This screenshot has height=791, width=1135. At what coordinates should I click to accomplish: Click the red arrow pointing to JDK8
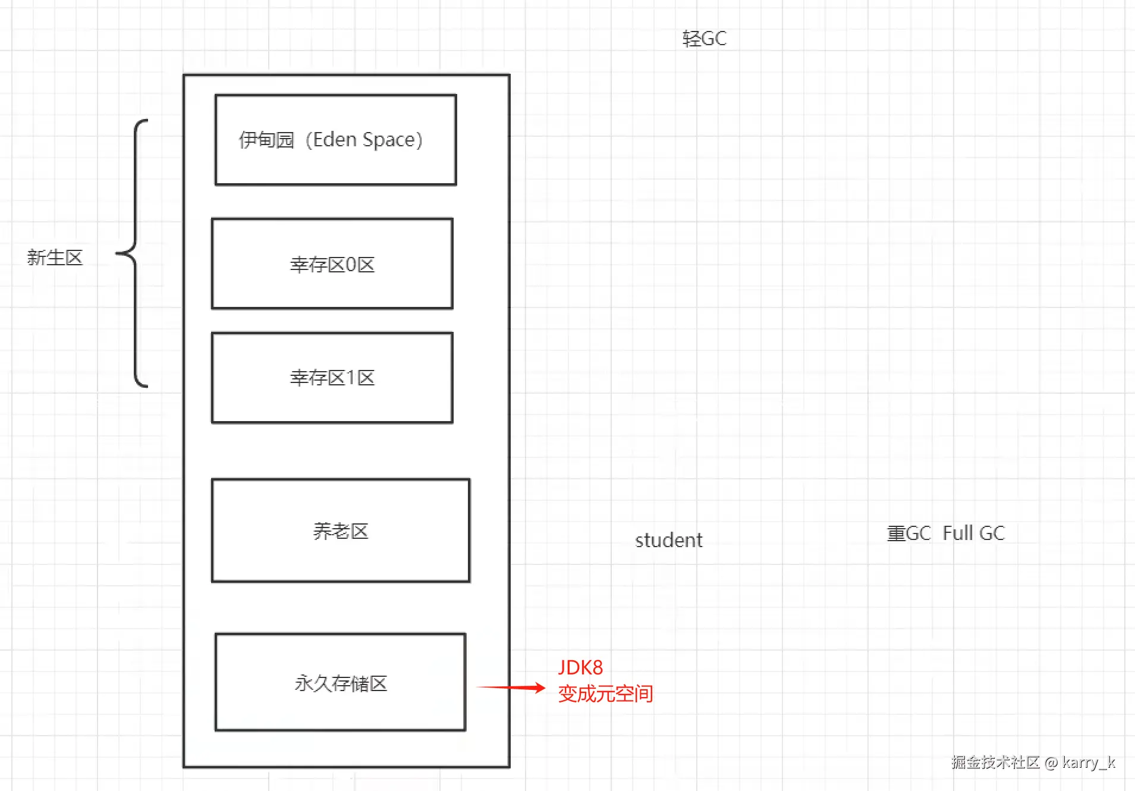(511, 688)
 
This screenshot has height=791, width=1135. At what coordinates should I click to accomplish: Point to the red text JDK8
(580, 667)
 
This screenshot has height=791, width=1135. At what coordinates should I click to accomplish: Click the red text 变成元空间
(605, 694)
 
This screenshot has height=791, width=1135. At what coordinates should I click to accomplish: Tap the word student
(668, 540)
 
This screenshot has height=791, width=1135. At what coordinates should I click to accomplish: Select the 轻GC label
(704, 39)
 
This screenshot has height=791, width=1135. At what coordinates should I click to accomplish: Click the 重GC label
(908, 533)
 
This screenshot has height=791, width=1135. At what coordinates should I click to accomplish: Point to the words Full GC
(974, 533)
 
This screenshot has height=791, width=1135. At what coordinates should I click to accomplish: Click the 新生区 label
(55, 258)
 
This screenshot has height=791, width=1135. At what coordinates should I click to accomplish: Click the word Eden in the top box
(335, 140)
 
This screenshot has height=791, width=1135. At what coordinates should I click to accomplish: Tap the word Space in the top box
(389, 140)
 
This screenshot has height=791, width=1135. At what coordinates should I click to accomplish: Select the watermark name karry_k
(1089, 762)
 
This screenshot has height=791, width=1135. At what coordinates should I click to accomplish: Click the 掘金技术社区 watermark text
(995, 762)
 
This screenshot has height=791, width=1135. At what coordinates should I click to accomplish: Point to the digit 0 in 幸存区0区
(351, 265)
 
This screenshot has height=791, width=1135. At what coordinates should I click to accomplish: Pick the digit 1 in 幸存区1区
(351, 378)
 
